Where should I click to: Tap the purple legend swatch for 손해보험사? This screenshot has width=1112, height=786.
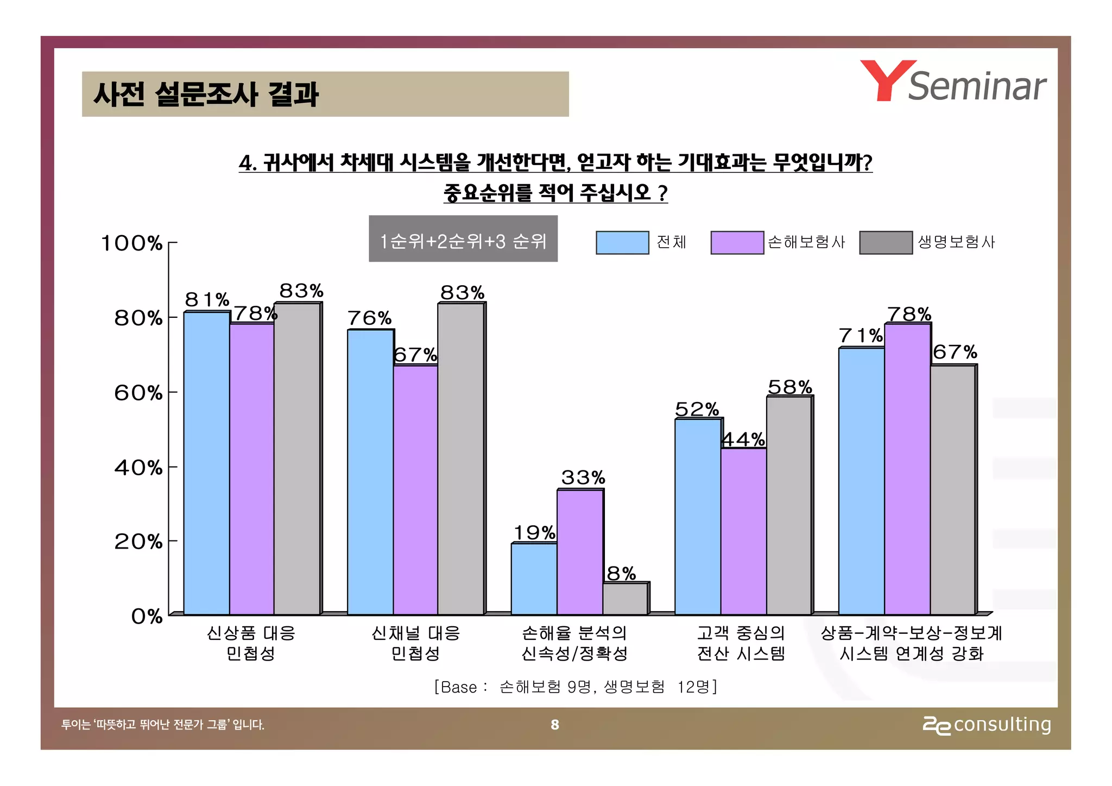[737, 242]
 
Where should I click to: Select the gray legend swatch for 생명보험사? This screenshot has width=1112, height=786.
[885, 242]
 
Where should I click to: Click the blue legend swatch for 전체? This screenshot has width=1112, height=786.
[622, 242]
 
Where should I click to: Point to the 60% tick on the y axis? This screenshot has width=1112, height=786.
[172, 392]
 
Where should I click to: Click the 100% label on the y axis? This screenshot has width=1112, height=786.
[132, 243]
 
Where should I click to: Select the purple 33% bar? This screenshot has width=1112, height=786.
[580, 551]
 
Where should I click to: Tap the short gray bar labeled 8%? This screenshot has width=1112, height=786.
[625, 599]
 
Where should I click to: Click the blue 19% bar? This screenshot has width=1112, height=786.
[534, 579]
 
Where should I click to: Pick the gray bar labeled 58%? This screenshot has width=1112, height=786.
[788, 505]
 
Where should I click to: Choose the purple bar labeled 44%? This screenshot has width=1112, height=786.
[743, 531]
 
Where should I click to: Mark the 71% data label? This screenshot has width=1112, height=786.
[861, 336]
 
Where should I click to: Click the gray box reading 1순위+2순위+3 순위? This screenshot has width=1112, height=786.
[463, 239]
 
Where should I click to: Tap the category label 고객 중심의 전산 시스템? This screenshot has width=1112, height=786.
[741, 643]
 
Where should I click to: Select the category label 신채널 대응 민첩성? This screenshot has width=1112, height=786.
[415, 643]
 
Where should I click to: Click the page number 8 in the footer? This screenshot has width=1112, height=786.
[554, 725]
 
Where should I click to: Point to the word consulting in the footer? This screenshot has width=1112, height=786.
[1002, 725]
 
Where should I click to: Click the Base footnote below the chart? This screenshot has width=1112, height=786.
[576, 687]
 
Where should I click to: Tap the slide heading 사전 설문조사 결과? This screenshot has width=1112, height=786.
[206, 94]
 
